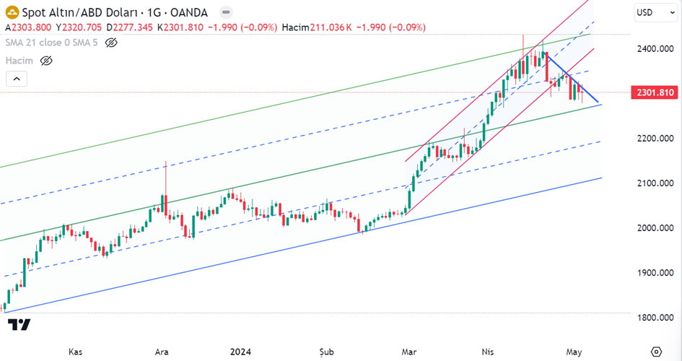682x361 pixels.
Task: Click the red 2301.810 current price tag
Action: [655, 92]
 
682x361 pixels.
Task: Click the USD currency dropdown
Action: [649, 12]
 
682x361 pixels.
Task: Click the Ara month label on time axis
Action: [162, 352]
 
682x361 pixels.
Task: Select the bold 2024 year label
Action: [240, 352]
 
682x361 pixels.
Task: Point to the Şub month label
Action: [327, 352]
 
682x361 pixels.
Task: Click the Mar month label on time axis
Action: [409, 352]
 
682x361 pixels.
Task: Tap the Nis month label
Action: [490, 352]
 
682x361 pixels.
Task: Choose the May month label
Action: [574, 352]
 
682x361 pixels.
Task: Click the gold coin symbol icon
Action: [11, 12]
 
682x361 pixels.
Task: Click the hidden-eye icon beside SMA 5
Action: [110, 43]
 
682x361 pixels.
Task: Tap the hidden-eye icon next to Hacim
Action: [47, 61]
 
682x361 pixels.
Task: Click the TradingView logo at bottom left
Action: [19, 325]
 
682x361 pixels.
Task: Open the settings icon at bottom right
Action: [655, 352]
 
